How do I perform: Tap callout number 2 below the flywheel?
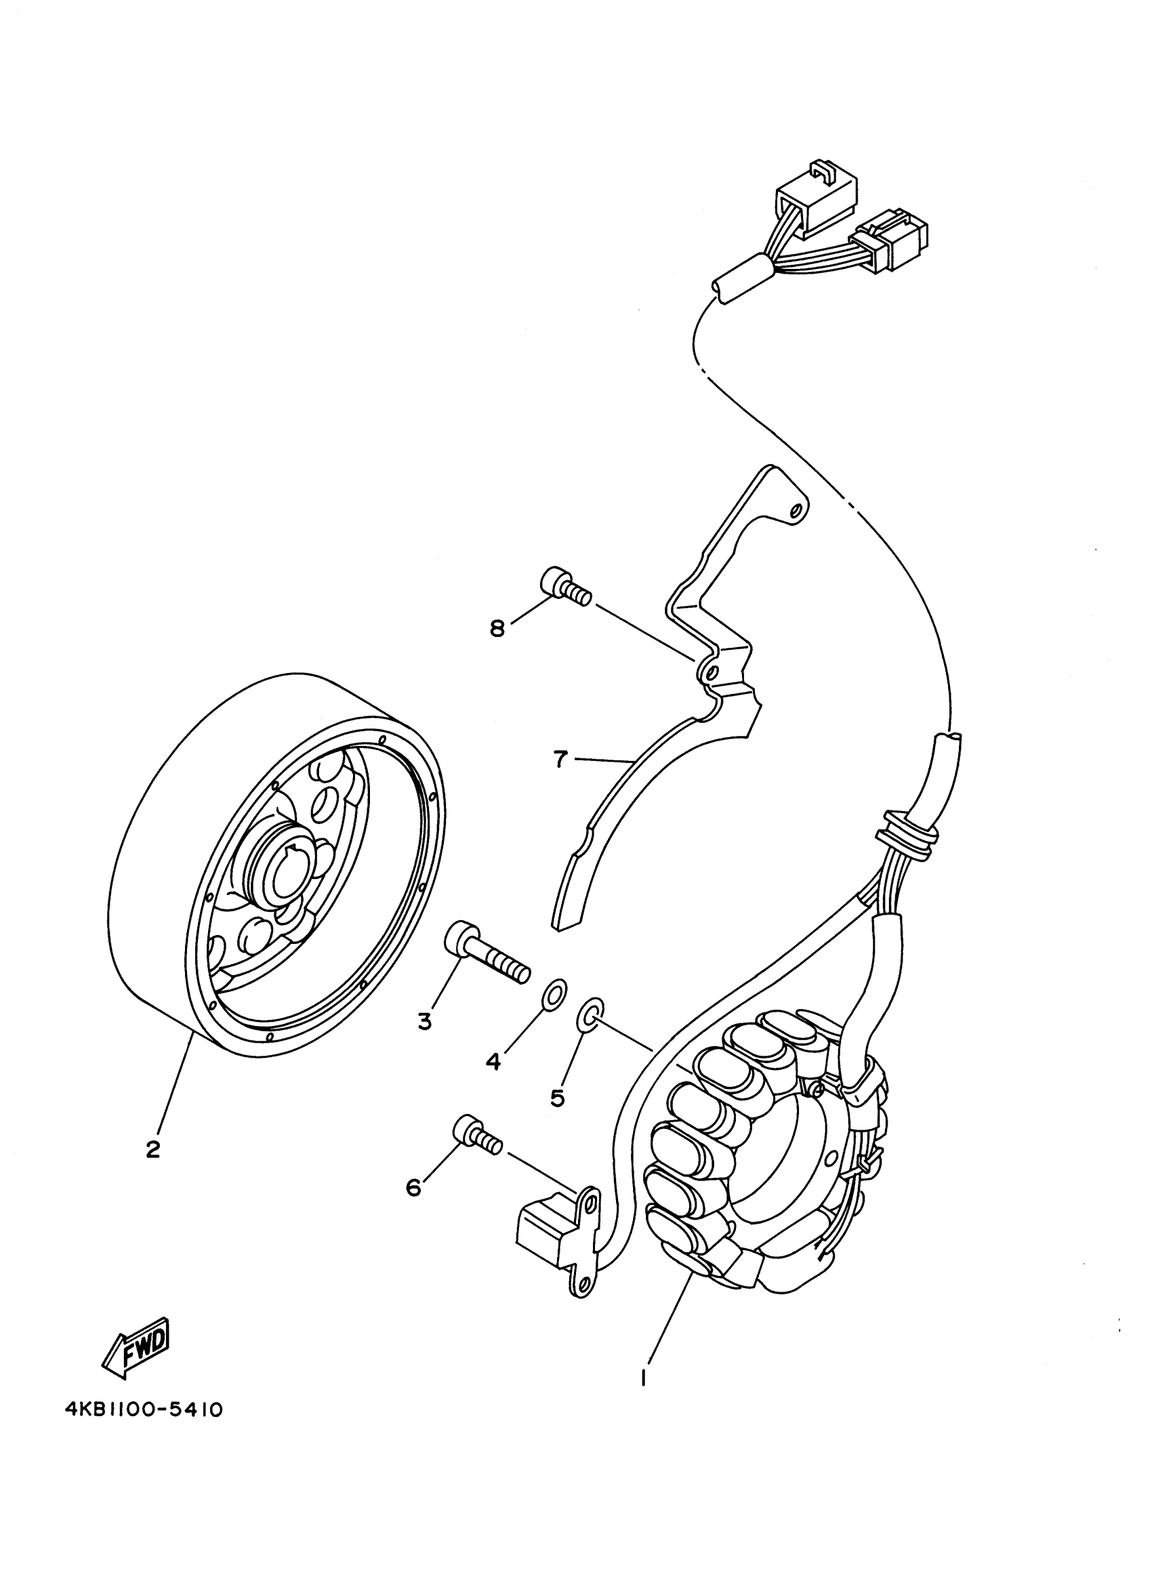point(152,1149)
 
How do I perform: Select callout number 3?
point(424,1022)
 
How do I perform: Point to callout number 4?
point(493,1061)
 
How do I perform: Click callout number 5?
point(557,1098)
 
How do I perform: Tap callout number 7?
point(559,759)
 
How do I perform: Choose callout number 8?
point(497,628)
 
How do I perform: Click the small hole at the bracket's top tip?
point(794,513)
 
